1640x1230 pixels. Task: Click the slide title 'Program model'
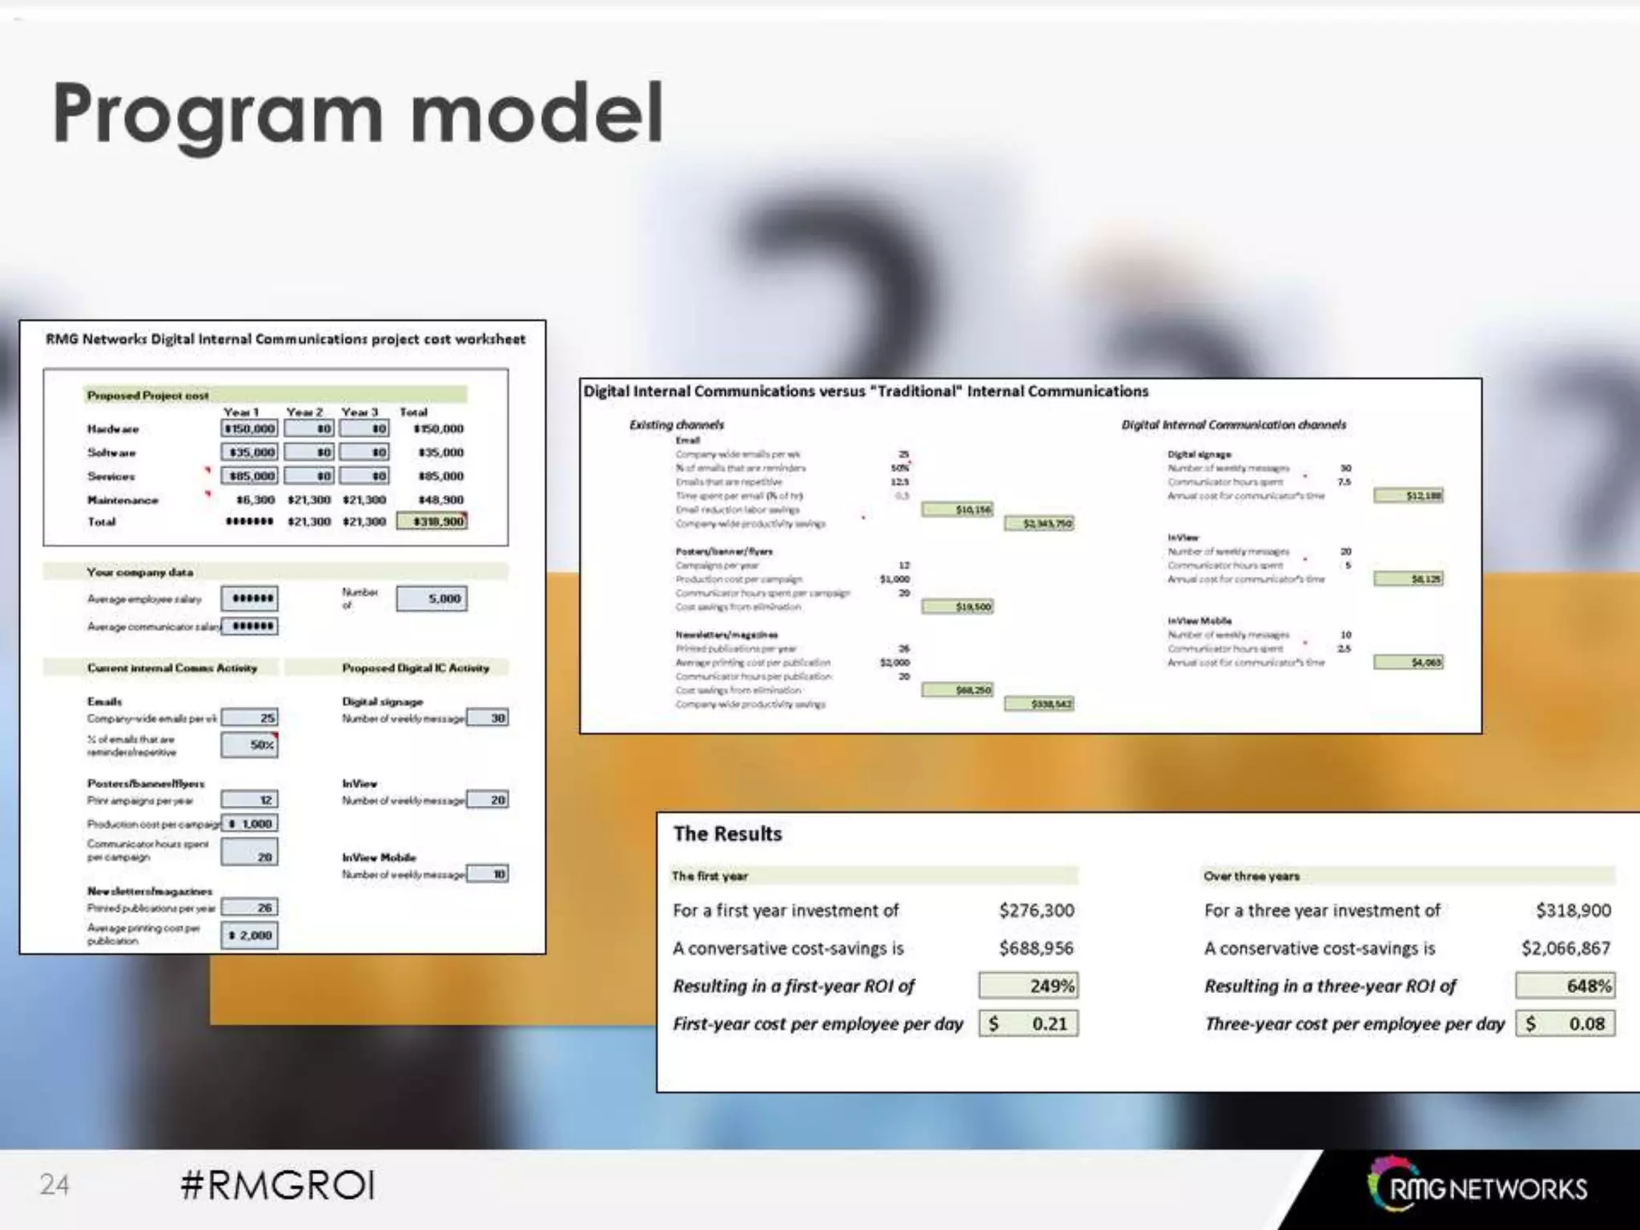click(358, 115)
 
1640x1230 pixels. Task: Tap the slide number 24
click(54, 1184)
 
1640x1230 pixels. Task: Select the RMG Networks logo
click(1478, 1188)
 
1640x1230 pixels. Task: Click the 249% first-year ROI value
click(1028, 986)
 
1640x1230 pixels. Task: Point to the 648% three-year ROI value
click(1565, 986)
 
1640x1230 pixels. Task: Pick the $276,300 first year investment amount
click(1036, 910)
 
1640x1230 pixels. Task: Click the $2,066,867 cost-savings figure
click(1566, 948)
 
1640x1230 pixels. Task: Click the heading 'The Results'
click(727, 834)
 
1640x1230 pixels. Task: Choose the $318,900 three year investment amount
click(1573, 910)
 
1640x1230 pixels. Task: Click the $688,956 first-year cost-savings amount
click(1036, 948)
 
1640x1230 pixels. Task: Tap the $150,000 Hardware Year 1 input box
click(249, 428)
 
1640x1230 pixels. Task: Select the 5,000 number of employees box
click(432, 598)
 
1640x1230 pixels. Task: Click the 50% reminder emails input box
click(249, 745)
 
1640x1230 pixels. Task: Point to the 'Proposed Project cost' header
click(148, 396)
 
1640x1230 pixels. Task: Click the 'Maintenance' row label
click(123, 500)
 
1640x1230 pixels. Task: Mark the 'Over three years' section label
click(1251, 876)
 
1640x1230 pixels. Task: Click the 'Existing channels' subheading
click(677, 424)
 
